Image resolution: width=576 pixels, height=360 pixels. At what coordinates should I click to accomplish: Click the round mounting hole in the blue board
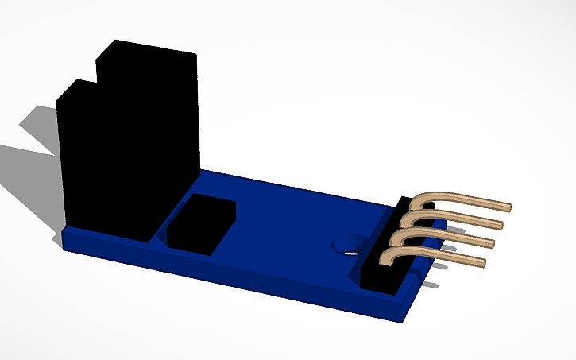click(347, 242)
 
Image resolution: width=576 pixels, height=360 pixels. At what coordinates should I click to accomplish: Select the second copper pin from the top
click(457, 218)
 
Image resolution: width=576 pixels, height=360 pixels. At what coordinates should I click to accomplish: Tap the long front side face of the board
click(238, 274)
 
